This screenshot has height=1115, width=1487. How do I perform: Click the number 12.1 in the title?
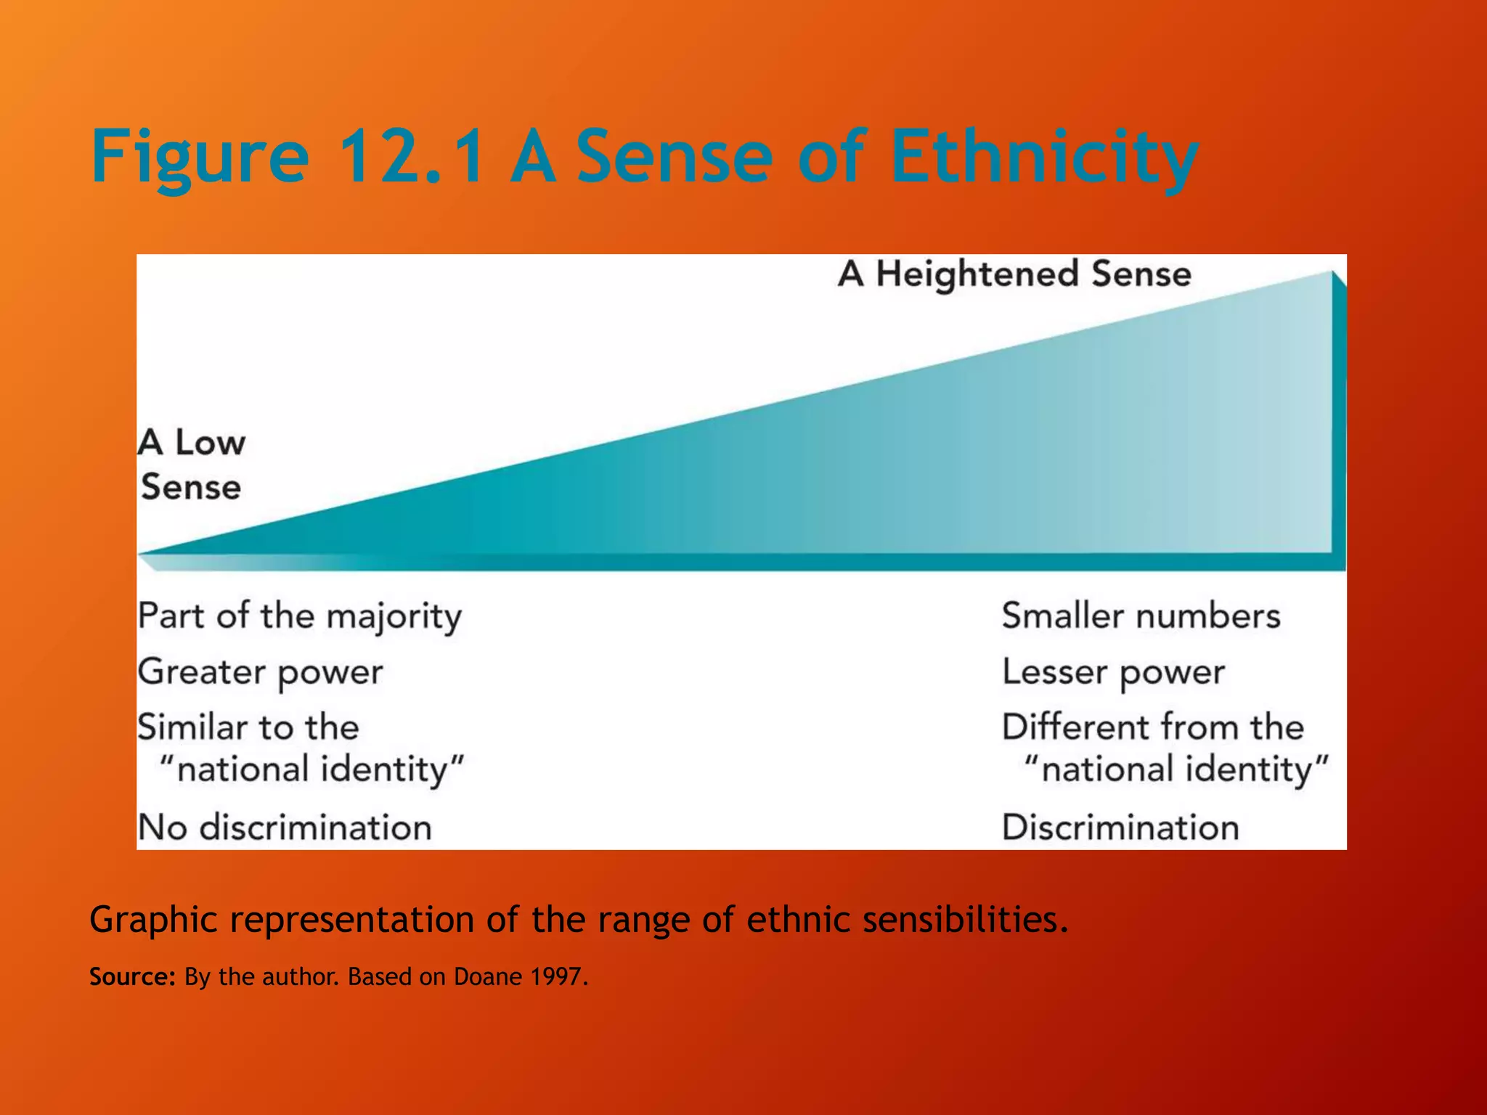pyautogui.click(x=411, y=155)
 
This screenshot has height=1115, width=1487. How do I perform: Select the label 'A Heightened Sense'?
pyautogui.click(x=1014, y=274)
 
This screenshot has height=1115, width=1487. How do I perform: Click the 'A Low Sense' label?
pyautogui.click(x=192, y=464)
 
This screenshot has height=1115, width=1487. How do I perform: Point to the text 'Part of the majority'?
pyautogui.click(x=299, y=616)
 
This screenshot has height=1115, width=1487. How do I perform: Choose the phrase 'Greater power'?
pyautogui.click(x=260, y=672)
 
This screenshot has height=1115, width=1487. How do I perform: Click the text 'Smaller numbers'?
pyautogui.click(x=1141, y=616)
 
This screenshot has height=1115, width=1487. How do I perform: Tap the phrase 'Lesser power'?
pyautogui.click(x=1113, y=672)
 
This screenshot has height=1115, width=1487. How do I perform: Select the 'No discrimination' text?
pyautogui.click(x=285, y=828)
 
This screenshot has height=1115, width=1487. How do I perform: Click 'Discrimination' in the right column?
pyautogui.click(x=1120, y=828)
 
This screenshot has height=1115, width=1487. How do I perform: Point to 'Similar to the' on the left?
pyautogui.click(x=248, y=727)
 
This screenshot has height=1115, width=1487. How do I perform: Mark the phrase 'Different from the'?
pyautogui.click(x=1153, y=727)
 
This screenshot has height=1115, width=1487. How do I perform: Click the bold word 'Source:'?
pyautogui.click(x=132, y=977)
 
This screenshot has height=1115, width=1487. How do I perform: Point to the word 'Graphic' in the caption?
pyautogui.click(x=153, y=920)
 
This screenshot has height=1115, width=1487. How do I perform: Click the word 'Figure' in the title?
pyautogui.click(x=200, y=155)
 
